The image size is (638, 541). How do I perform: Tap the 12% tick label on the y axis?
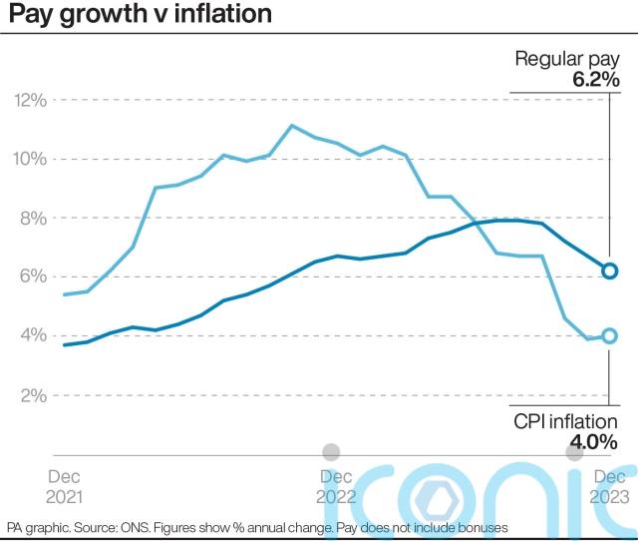click(x=31, y=100)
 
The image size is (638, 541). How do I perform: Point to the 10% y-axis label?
click(x=31, y=159)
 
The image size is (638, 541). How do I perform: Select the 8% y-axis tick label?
click(x=34, y=218)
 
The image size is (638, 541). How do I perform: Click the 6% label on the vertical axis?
click(x=34, y=277)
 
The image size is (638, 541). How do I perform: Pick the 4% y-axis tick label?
click(x=34, y=335)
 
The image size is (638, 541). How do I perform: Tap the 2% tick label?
click(x=34, y=395)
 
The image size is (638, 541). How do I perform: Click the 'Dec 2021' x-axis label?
click(x=66, y=486)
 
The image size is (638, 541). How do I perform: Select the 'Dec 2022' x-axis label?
click(x=335, y=486)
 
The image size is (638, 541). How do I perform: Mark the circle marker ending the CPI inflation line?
click(x=609, y=336)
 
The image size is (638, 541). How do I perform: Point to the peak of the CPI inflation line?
click(x=291, y=126)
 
